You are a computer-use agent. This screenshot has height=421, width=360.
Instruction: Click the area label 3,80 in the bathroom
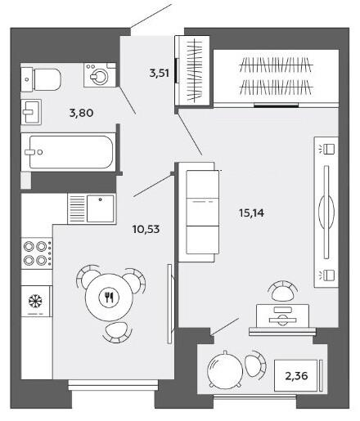81,113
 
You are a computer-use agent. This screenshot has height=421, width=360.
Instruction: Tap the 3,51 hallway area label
160,73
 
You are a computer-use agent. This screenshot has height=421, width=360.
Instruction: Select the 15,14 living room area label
251,213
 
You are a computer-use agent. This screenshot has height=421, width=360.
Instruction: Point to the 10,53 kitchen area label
146,229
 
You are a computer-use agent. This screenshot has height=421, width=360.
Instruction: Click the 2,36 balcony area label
296,376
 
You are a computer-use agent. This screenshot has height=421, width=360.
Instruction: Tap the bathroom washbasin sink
31,112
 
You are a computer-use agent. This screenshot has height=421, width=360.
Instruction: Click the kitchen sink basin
101,208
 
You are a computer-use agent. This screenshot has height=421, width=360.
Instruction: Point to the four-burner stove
37,253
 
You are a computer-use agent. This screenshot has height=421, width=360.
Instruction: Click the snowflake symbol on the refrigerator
35,302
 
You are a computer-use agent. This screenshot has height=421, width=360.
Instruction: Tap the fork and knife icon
109,298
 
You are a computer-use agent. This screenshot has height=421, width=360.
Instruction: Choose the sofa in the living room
199,212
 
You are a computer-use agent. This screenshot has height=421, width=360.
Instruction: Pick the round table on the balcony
224,369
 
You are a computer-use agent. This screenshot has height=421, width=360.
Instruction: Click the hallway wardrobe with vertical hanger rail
192,70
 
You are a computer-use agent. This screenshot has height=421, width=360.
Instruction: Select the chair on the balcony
255,365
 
